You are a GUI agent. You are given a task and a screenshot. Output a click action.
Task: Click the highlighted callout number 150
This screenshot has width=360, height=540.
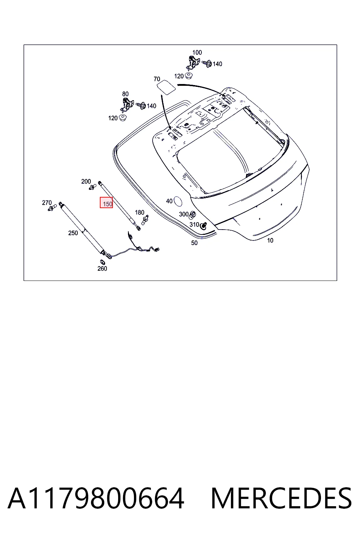pos(108,204)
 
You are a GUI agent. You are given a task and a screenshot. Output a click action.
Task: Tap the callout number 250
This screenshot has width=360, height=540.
pos(73,233)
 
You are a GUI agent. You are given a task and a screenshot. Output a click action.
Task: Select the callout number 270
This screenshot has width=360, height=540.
pos(47,203)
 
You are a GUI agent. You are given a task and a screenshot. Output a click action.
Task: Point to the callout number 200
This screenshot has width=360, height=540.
pos(86,181)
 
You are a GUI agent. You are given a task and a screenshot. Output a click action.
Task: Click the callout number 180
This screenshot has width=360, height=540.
pos(140,212)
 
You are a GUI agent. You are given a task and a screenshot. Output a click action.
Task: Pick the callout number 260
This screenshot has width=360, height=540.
pos(102,269)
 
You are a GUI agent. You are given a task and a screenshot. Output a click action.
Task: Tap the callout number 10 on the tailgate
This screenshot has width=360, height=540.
pos(270,240)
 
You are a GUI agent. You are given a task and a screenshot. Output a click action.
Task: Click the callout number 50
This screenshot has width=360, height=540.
pos(194,243)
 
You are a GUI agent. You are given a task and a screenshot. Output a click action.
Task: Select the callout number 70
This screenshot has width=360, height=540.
pos(157,79)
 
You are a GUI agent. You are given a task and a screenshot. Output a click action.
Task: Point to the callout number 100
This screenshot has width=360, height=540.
pos(197,52)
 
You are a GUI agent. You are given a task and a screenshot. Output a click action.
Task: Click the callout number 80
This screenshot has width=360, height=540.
pos(126,94)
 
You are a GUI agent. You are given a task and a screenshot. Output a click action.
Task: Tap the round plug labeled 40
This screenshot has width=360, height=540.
pos(178,201)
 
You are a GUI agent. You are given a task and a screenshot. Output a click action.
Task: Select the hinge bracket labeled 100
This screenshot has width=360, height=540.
pos(192,62)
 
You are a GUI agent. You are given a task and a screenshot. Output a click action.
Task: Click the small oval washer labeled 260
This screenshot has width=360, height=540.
pos(102,262)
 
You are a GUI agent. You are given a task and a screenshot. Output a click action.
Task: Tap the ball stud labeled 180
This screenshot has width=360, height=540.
pos(145,220)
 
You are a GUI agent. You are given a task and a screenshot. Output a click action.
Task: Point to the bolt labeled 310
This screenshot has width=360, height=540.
pos(204,226)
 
